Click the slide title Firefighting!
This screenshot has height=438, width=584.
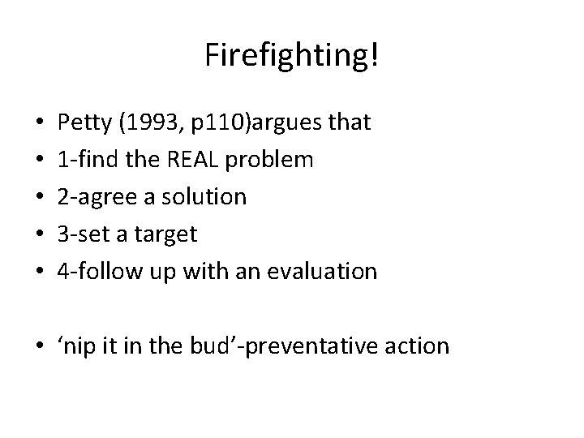[x=291, y=56]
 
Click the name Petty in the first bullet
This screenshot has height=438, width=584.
[x=84, y=122]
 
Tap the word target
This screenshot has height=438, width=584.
[x=166, y=234]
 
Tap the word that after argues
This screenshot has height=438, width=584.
[x=350, y=122]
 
